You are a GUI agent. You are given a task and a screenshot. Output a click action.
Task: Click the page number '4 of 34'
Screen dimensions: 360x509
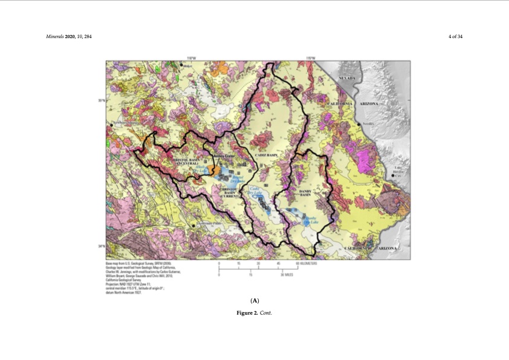click(455, 37)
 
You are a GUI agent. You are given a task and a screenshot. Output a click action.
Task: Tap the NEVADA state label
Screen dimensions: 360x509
click(346, 79)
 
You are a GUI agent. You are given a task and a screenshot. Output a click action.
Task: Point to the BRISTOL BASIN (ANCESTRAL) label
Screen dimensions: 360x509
click(179, 161)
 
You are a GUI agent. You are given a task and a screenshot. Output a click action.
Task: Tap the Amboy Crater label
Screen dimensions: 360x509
click(215, 155)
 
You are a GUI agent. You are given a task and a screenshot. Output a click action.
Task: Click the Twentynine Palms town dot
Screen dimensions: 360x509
click(193, 225)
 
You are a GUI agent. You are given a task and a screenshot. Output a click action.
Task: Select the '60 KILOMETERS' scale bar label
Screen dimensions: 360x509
click(307, 264)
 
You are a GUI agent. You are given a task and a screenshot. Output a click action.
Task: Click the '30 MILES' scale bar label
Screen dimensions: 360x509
click(286, 275)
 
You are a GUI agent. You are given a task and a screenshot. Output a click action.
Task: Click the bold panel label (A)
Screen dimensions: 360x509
click(254, 301)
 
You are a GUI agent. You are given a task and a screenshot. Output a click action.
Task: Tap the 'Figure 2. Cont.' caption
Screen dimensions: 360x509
click(254, 313)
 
